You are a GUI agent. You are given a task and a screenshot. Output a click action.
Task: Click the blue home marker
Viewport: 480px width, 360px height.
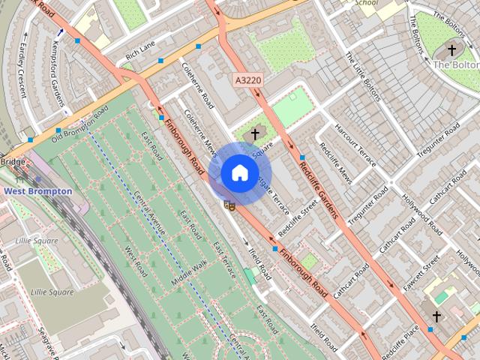(238, 173)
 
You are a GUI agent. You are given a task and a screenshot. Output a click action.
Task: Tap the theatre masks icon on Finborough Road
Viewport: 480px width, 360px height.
(229, 204)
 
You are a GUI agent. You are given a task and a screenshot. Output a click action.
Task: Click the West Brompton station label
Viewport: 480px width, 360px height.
(38, 191)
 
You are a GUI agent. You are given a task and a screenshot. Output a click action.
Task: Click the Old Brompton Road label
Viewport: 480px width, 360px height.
(79, 124)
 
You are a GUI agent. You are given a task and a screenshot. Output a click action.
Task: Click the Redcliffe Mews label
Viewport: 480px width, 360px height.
(335, 163)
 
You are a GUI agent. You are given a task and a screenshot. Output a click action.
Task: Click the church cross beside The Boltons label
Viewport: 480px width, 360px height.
(451, 50)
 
